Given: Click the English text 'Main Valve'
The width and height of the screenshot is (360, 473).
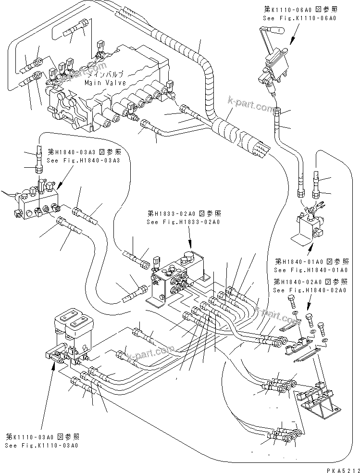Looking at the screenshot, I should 105,83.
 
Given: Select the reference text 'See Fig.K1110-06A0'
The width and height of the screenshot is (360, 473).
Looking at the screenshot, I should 299,18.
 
